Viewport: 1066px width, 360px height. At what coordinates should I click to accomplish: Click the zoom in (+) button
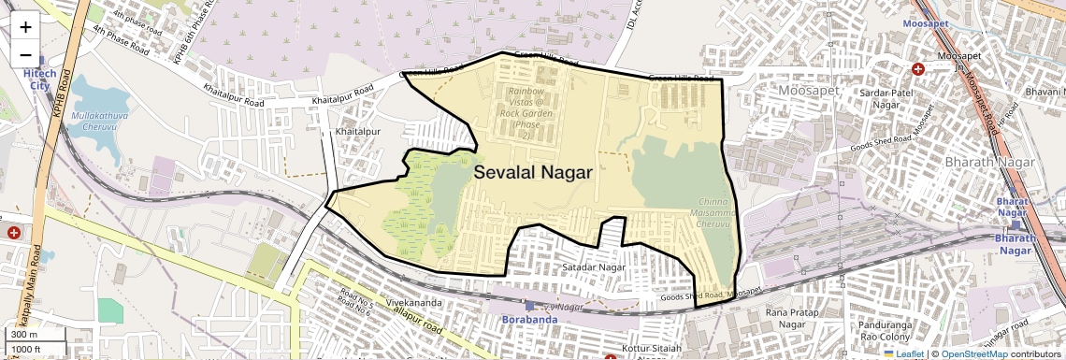[x=25, y=26]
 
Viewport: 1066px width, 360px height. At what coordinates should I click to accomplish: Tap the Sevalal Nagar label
[x=533, y=172]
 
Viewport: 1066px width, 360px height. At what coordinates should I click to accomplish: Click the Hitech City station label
[x=40, y=79]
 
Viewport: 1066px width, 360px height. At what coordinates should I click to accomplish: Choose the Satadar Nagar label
[x=594, y=267]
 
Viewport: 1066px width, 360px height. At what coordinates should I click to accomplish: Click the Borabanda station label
[x=530, y=319]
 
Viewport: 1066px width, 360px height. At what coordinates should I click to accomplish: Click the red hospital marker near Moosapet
[x=917, y=69]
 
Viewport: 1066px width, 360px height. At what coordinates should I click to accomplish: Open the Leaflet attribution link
[x=903, y=354]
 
